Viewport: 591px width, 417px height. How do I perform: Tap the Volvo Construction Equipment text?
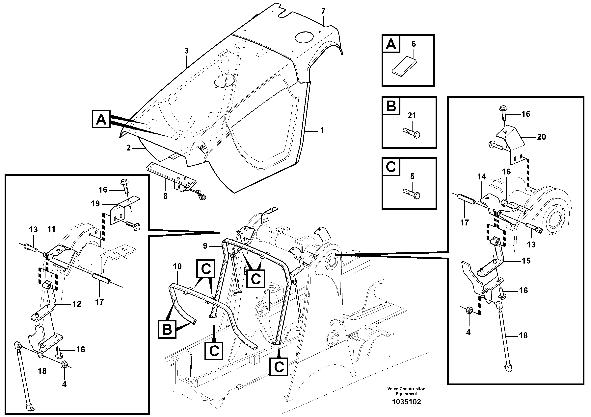[406, 391]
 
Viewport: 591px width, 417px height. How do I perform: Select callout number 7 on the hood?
[323, 12]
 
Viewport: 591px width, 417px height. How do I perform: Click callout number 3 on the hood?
[187, 51]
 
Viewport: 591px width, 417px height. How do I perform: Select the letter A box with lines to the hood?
[101, 119]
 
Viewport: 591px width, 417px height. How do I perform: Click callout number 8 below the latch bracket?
[165, 196]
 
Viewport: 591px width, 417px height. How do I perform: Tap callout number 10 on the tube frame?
[177, 267]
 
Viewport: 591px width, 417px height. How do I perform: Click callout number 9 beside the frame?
[205, 246]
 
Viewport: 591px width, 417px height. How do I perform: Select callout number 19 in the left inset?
[95, 204]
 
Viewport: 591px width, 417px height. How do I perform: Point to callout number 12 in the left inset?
[77, 304]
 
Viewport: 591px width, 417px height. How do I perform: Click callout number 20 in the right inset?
[541, 137]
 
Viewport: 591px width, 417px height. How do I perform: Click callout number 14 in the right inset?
[481, 177]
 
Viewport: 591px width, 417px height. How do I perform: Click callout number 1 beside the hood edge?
[322, 131]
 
